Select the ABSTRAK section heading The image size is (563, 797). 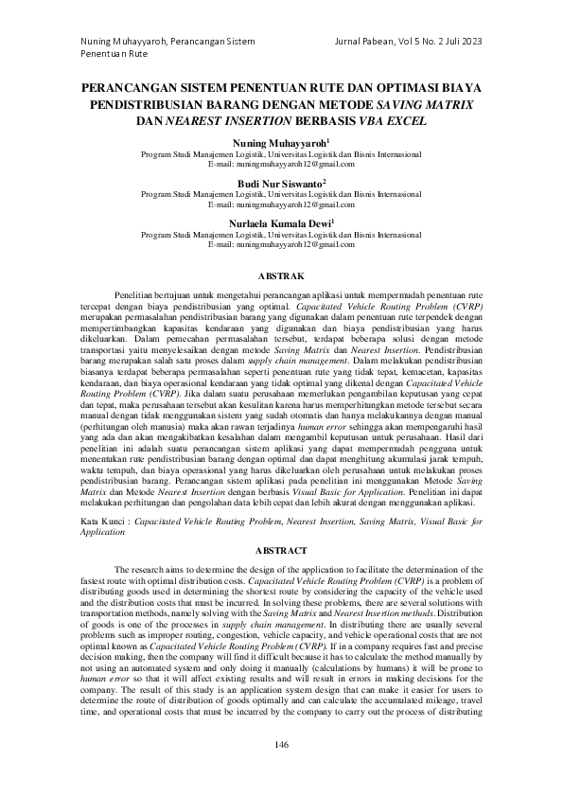tap(281, 275)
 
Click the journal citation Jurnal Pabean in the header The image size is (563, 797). tap(362, 42)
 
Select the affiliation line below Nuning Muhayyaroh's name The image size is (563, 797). tap(281, 152)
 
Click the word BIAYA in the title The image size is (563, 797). tap(460, 86)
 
